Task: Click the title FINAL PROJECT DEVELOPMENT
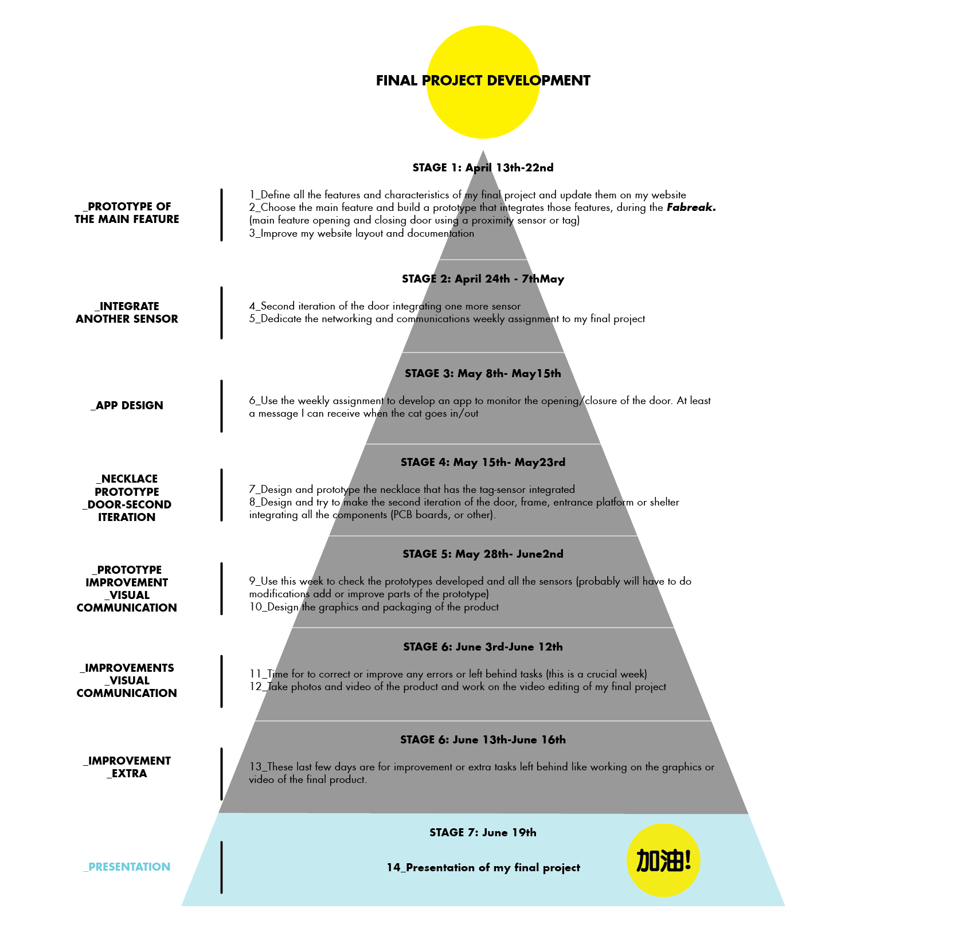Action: [x=483, y=81]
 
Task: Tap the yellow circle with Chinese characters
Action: [x=663, y=860]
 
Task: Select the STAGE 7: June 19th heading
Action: [x=483, y=832]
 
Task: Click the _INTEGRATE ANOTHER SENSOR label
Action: [x=127, y=312]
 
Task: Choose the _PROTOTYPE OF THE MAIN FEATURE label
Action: [x=127, y=213]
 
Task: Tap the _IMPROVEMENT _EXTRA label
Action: [x=127, y=767]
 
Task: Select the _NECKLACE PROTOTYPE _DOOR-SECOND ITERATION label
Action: [x=127, y=498]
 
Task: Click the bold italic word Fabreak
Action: [x=691, y=207]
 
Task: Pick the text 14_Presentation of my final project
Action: [x=483, y=868]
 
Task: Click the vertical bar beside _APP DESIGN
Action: [x=222, y=406]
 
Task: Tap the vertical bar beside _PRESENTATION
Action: [x=222, y=867]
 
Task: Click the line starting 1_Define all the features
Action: [x=355, y=195]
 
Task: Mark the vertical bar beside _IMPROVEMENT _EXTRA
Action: [x=222, y=774]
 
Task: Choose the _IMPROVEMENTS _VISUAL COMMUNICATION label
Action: [x=127, y=680]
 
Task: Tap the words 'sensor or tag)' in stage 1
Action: [x=548, y=220]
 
